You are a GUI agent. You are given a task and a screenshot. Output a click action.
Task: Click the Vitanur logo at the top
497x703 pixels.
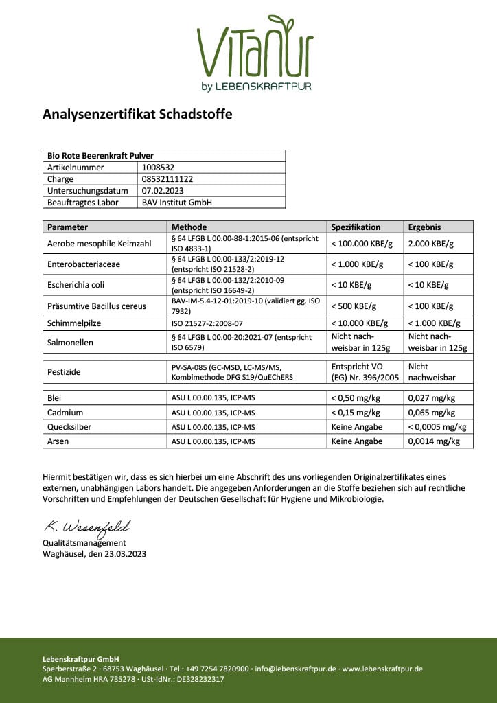click(x=255, y=52)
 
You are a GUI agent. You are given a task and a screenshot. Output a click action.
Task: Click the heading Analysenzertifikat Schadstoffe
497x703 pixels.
click(x=137, y=115)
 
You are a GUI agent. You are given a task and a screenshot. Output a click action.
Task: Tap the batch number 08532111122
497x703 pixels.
click(x=167, y=178)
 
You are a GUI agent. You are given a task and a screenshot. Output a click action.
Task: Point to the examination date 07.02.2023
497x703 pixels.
click(x=163, y=190)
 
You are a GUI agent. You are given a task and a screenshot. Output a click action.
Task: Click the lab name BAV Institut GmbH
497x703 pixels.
click(x=176, y=203)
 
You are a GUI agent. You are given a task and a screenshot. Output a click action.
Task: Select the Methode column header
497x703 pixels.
click(x=189, y=227)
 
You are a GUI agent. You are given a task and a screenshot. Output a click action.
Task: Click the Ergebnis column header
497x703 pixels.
click(x=424, y=227)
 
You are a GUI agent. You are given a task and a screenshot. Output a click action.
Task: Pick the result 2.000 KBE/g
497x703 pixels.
click(x=430, y=243)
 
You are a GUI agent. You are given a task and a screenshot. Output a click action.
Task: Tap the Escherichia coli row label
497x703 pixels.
click(x=76, y=284)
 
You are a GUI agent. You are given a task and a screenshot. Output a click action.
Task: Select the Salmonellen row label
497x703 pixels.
click(x=71, y=341)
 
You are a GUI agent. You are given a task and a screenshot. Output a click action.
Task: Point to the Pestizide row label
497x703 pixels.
click(x=64, y=371)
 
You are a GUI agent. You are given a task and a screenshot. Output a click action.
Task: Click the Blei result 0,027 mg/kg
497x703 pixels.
click(x=433, y=397)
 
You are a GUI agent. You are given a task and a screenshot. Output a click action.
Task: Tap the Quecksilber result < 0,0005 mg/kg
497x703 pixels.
click(x=437, y=427)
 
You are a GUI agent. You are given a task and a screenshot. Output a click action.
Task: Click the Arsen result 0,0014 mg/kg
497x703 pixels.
click(x=434, y=441)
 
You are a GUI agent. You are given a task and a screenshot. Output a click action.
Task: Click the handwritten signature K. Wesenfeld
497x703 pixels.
click(x=86, y=527)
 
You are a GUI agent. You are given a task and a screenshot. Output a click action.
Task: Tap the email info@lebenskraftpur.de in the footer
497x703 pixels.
click(x=295, y=669)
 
